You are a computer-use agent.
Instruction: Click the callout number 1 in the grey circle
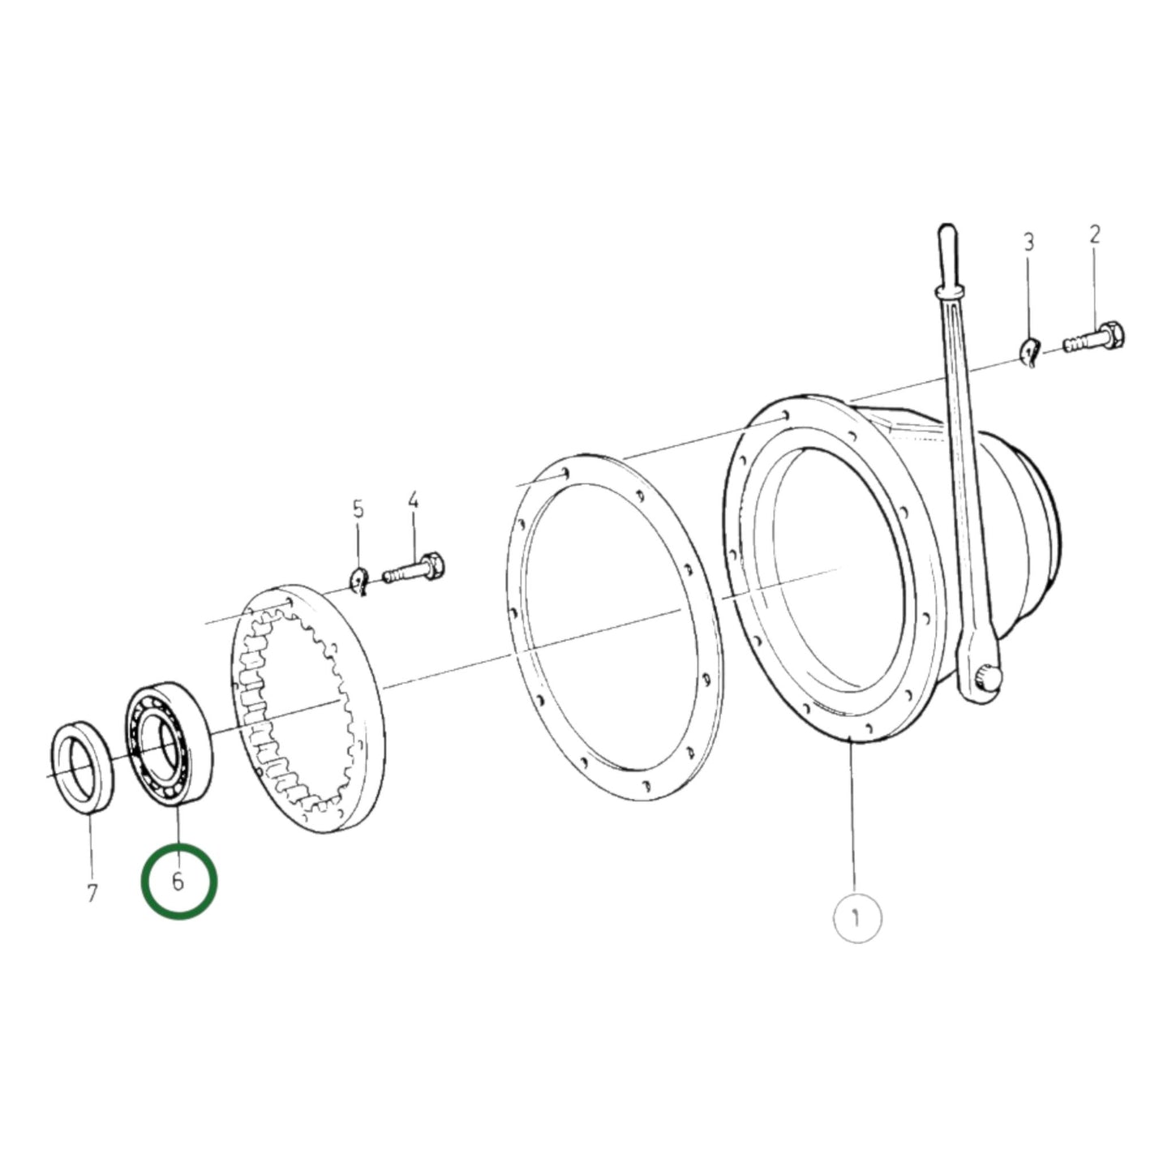[x=856, y=918]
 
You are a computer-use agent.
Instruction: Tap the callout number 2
[x=1094, y=235]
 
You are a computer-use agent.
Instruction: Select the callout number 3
[x=1028, y=242]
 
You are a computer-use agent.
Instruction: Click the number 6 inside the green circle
[x=178, y=881]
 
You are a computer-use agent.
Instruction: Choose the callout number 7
[x=92, y=893]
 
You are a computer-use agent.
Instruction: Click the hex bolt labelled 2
[x=1095, y=338]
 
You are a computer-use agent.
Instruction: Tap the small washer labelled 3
[x=1028, y=353]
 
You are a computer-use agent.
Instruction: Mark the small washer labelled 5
[x=358, y=581]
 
